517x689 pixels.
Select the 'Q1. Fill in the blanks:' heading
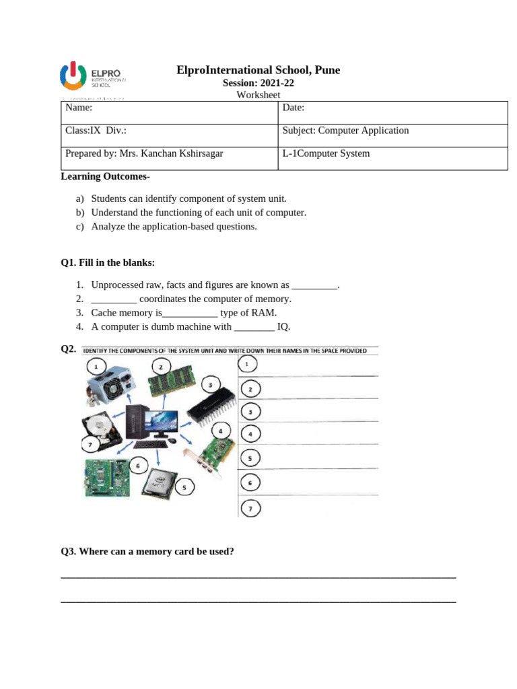point(108,262)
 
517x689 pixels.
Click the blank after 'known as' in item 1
point(314,286)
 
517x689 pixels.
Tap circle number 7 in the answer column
point(250,509)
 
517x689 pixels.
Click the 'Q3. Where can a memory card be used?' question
point(147,552)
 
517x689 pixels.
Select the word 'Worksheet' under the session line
point(258,95)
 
